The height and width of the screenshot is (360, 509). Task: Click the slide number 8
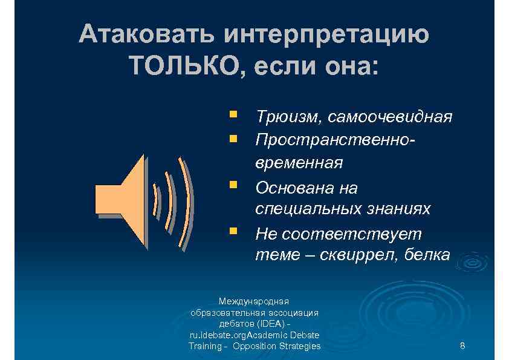462,346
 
